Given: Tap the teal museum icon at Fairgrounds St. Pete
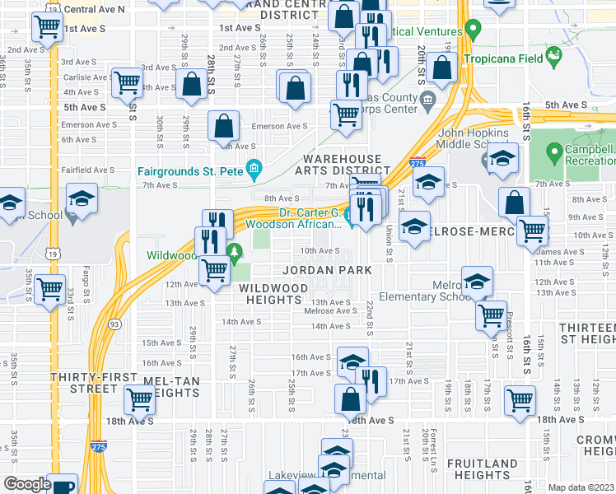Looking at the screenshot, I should pyautogui.click(x=254, y=170).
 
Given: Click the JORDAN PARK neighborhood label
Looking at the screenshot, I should pyautogui.click(x=327, y=270).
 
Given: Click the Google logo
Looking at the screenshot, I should pyautogui.click(x=26, y=484).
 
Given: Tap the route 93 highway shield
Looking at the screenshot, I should pyautogui.click(x=114, y=325).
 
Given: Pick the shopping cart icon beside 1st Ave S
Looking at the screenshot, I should pyautogui.click(x=47, y=26).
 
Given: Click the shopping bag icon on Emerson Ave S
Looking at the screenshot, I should pyautogui.click(x=223, y=126).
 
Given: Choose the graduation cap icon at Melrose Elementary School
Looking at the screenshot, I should pyautogui.click(x=477, y=282).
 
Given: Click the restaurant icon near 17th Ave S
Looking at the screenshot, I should pyautogui.click(x=371, y=381).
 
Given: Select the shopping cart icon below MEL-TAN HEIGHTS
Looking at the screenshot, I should pyautogui.click(x=139, y=400).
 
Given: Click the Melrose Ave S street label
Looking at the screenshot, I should pyautogui.click(x=329, y=311).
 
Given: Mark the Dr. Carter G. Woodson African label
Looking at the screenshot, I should pyautogui.click(x=309, y=218).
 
